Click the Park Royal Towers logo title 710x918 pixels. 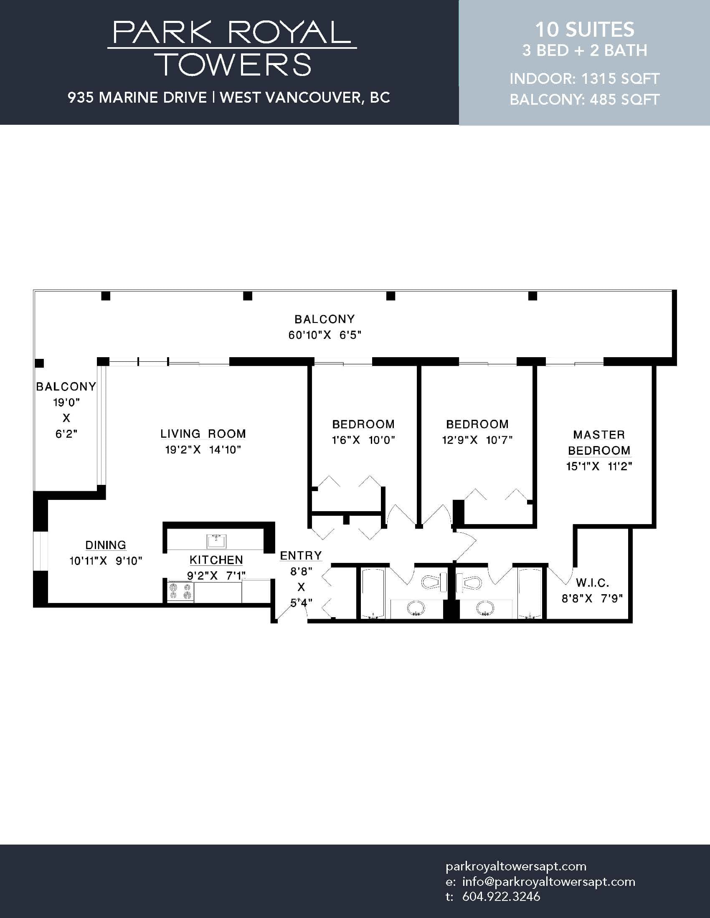(x=232, y=48)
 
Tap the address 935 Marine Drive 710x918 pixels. (x=137, y=98)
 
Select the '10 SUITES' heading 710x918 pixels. (x=585, y=30)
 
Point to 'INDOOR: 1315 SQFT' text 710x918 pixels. (x=585, y=78)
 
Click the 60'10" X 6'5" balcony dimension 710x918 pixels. (x=325, y=335)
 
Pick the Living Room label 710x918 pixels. (x=203, y=434)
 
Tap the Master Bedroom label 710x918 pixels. (x=599, y=443)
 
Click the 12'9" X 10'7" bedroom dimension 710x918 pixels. (x=477, y=440)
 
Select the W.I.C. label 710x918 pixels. (x=592, y=583)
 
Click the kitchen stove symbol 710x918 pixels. (x=180, y=591)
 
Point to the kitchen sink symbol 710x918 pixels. (x=216, y=541)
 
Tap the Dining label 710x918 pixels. (x=106, y=545)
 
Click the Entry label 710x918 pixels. (x=301, y=556)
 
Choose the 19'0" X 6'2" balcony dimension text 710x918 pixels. (x=66, y=418)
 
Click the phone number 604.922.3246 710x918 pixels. (x=501, y=897)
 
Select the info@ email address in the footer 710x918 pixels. (x=548, y=881)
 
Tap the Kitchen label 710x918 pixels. (x=216, y=560)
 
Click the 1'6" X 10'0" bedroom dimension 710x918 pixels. (x=363, y=440)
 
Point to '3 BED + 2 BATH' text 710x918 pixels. (x=585, y=50)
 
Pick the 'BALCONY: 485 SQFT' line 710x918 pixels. (x=585, y=100)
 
